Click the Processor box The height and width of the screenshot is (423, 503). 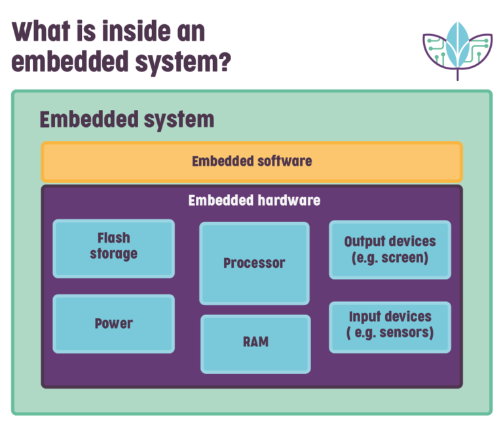254,263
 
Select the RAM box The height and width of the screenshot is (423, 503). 255,343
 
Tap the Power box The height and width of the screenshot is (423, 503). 113,323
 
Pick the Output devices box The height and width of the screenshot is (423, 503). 390,249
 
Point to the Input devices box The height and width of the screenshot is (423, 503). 390,326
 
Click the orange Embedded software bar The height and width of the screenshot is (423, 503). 251,162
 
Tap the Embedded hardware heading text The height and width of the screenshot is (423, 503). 254,200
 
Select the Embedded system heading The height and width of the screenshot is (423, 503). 126,120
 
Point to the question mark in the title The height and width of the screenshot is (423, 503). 223,62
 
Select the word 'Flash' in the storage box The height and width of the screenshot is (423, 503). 113,238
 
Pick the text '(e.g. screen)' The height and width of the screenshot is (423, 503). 390,258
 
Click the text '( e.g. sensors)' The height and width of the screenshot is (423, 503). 390,333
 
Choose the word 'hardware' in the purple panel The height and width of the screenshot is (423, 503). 289,200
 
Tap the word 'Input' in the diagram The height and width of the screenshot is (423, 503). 364,317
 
